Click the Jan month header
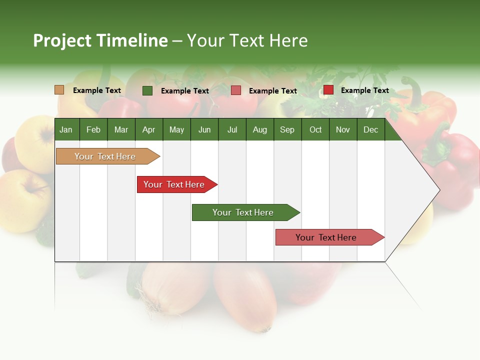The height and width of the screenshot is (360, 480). (x=66, y=129)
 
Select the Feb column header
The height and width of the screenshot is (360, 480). (x=93, y=129)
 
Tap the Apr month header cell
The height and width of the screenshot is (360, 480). (x=149, y=129)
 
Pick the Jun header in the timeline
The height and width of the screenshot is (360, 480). (x=204, y=129)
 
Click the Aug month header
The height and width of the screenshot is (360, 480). (x=260, y=129)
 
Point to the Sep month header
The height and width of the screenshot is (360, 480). (x=287, y=129)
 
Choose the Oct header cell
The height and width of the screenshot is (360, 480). (x=315, y=129)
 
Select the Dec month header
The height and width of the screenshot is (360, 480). (x=371, y=129)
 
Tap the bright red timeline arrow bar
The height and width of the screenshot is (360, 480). (x=175, y=184)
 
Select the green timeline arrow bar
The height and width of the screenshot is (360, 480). (x=244, y=212)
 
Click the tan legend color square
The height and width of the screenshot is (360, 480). (x=59, y=90)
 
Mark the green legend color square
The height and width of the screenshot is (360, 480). (x=147, y=90)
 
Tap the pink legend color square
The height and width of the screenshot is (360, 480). (x=236, y=90)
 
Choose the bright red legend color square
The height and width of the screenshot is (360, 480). (x=328, y=90)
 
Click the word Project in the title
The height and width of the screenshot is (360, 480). (x=62, y=40)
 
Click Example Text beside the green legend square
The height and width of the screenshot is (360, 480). (x=185, y=91)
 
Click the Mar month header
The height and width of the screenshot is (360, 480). (x=121, y=129)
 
